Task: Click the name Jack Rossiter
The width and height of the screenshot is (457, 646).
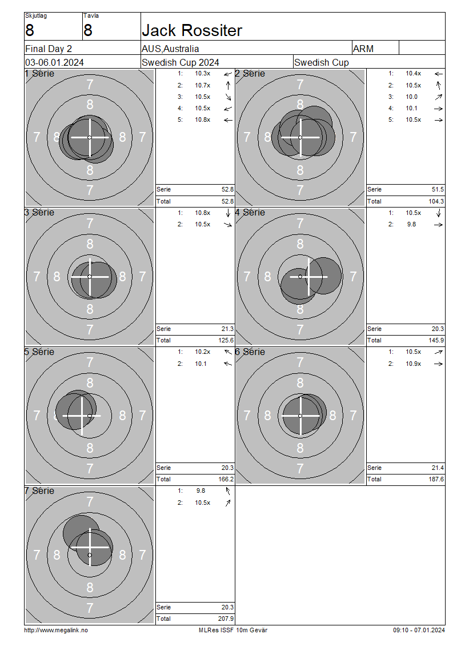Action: (x=192, y=30)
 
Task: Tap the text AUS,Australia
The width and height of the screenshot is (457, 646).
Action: (x=170, y=49)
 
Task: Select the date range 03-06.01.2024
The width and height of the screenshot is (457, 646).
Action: (x=54, y=63)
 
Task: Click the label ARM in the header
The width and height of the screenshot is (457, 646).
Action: (x=363, y=49)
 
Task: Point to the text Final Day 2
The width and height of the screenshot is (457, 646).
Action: (x=49, y=49)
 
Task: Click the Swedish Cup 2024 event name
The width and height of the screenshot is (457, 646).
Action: (x=181, y=63)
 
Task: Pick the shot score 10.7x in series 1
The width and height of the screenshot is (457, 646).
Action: (x=203, y=85)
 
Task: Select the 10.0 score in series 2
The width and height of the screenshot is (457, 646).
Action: (x=412, y=97)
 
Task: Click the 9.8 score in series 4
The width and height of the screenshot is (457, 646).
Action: (x=412, y=225)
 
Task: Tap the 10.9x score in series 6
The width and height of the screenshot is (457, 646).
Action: (x=414, y=364)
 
